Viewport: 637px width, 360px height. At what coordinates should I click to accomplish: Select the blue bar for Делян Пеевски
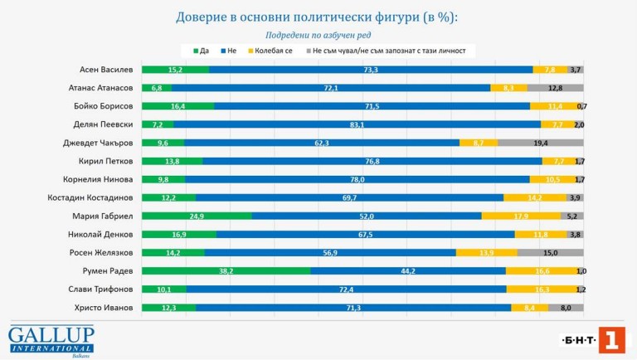[357, 124]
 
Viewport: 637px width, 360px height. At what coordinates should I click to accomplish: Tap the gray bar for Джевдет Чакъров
[541, 143]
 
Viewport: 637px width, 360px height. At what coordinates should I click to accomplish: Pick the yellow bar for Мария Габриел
[521, 216]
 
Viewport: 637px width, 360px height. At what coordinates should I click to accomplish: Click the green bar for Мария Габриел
[197, 216]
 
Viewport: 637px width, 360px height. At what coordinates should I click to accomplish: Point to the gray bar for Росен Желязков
[551, 252]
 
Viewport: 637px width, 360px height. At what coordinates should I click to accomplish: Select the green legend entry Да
[202, 51]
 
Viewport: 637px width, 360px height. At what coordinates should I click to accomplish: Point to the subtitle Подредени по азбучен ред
[318, 35]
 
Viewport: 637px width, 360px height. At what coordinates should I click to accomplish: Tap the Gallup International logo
[51, 340]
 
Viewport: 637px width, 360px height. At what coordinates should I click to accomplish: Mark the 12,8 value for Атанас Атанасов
[555, 88]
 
